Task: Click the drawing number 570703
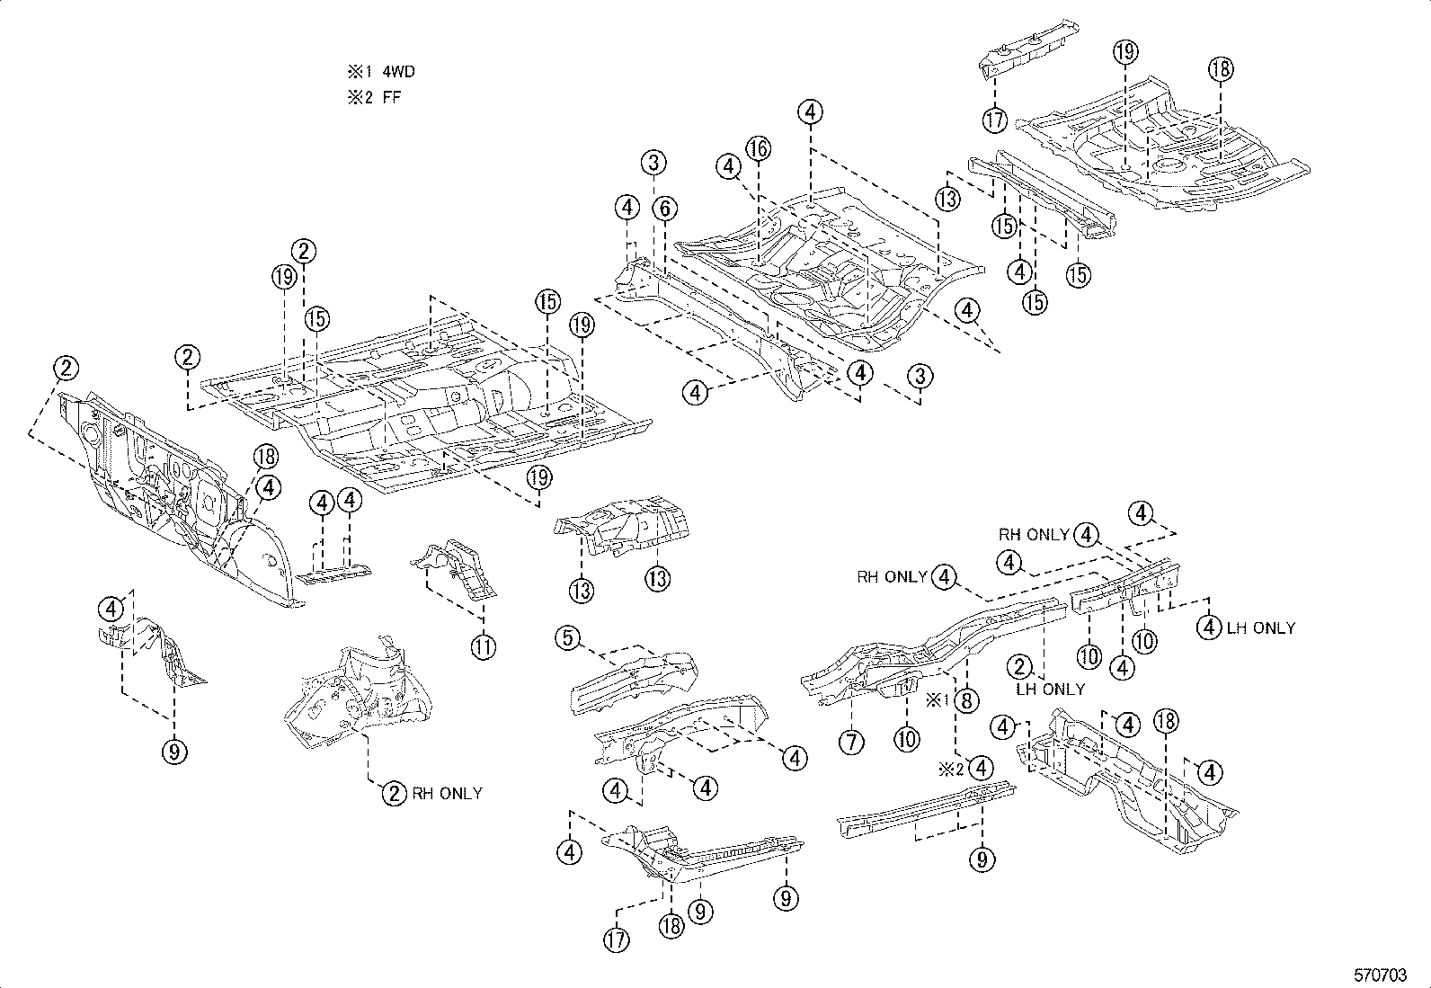pyautogui.click(x=1381, y=975)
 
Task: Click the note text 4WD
pyautogui.click(x=399, y=72)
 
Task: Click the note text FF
pyautogui.click(x=392, y=97)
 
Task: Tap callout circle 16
pyautogui.click(x=759, y=148)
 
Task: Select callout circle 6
pyautogui.click(x=664, y=209)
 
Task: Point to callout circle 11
pyautogui.click(x=484, y=646)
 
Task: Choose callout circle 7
pyautogui.click(x=851, y=742)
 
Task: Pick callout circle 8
pyautogui.click(x=966, y=700)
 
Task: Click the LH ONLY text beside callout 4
pyautogui.click(x=1261, y=628)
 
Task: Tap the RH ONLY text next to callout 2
pyautogui.click(x=447, y=793)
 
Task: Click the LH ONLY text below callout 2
pyautogui.click(x=1051, y=689)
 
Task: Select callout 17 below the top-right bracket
pyautogui.click(x=994, y=119)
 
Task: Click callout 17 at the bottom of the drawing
pyautogui.click(x=617, y=939)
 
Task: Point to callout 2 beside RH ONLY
pyautogui.click(x=395, y=793)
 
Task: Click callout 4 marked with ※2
pyautogui.click(x=982, y=769)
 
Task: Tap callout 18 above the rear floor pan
pyautogui.click(x=1221, y=69)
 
